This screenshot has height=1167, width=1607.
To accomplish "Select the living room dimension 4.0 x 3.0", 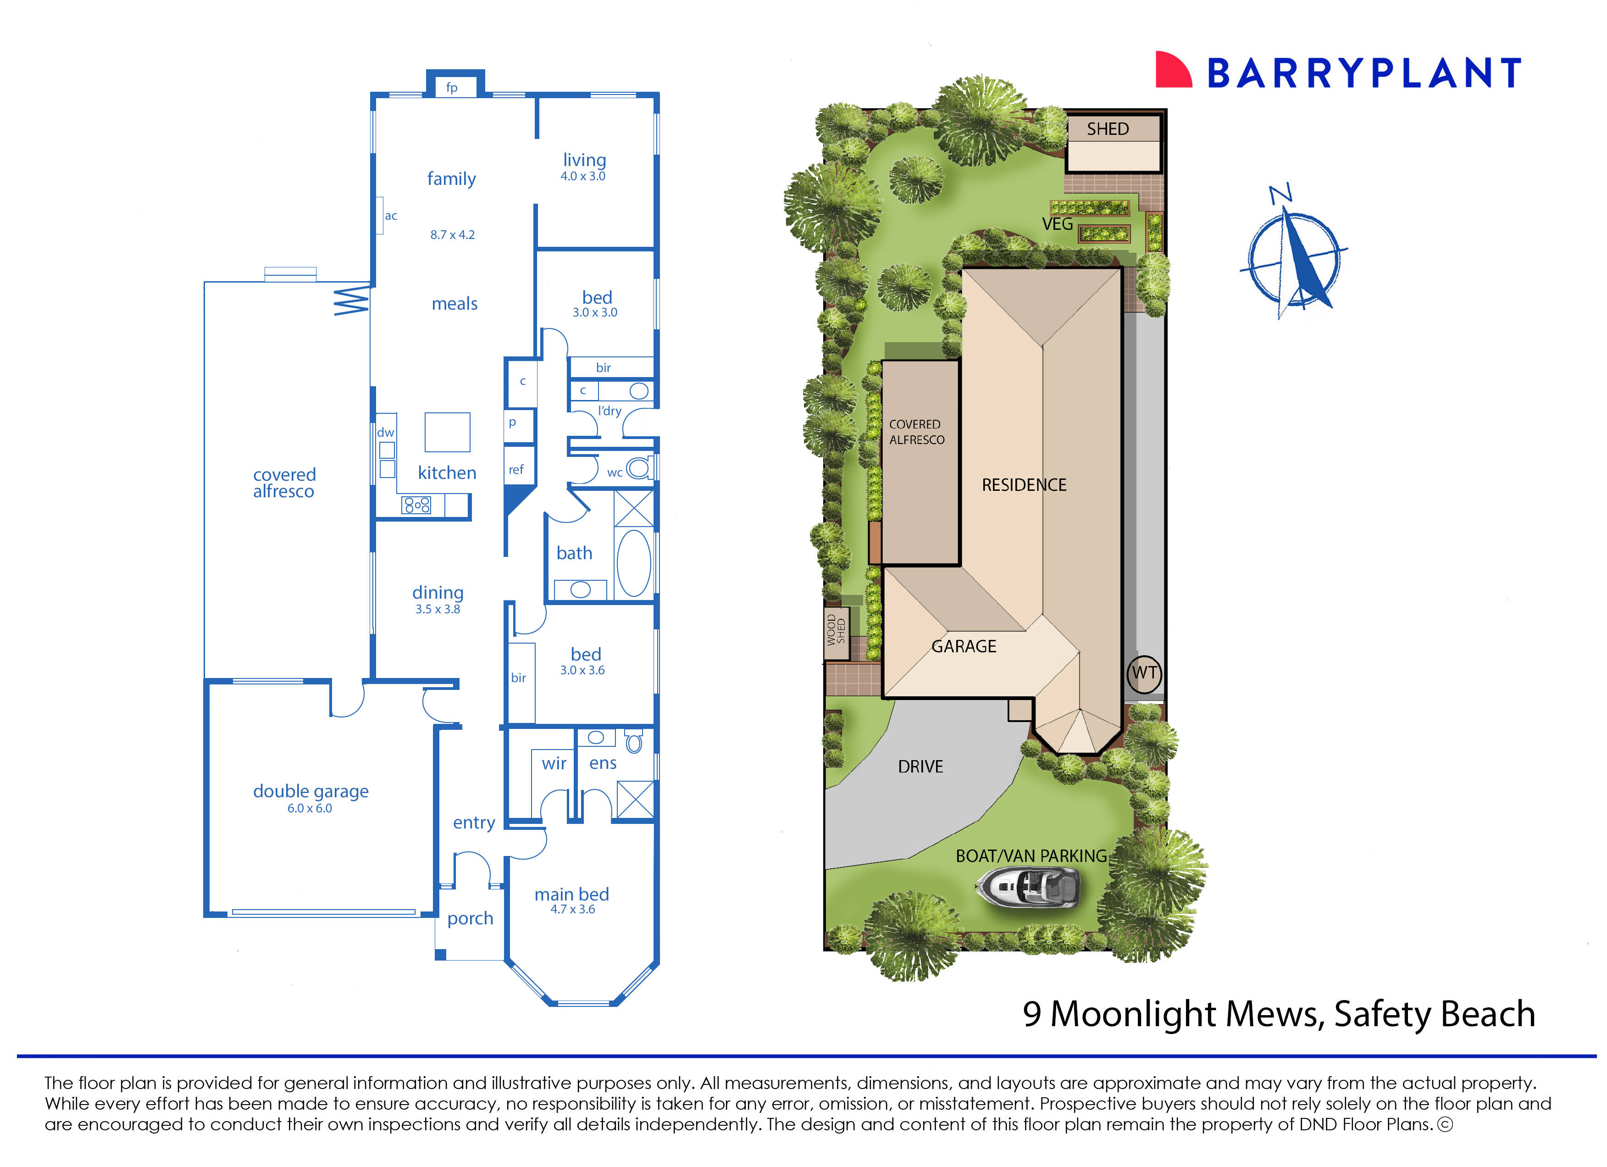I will tap(583, 177).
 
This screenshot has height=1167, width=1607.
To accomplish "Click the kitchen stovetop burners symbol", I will tap(416, 505).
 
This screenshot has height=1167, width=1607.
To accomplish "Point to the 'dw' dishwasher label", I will tap(385, 432).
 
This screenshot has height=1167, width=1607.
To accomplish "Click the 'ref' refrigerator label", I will tap(516, 470).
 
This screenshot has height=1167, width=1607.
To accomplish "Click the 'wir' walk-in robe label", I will tap(554, 764).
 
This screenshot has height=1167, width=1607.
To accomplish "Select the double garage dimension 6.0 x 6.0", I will tap(310, 808).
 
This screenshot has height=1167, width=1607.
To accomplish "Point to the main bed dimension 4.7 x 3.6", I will tap(572, 910).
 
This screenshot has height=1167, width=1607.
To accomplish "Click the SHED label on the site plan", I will tap(1108, 129).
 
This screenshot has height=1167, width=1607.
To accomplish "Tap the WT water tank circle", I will tap(1144, 673).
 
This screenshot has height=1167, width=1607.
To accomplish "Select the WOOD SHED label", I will tap(836, 630).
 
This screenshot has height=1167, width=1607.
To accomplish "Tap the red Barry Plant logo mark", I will tap(1173, 70).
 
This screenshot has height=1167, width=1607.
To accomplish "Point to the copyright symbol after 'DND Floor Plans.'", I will tap(1445, 1124).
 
